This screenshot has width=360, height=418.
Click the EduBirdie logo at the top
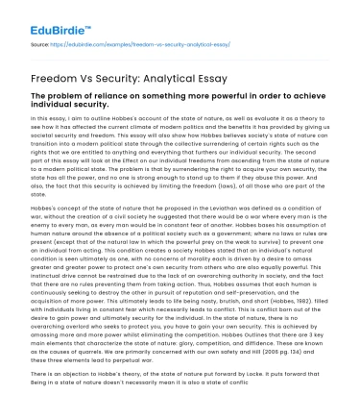click(56, 18)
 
